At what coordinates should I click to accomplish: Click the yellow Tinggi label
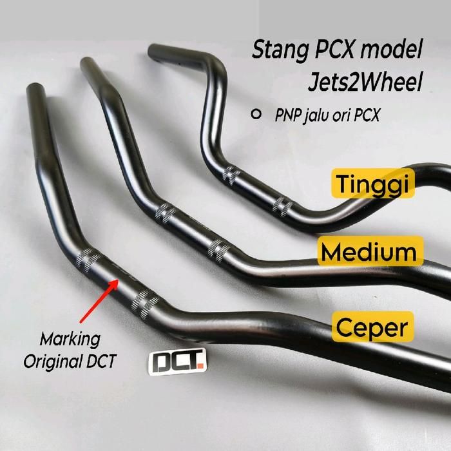tap(372, 185)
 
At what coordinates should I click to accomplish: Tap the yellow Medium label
tap(370, 251)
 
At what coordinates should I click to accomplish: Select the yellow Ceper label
tap(372, 328)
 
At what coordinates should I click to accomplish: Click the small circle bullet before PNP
tap(256, 114)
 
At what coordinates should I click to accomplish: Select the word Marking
tap(70, 339)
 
